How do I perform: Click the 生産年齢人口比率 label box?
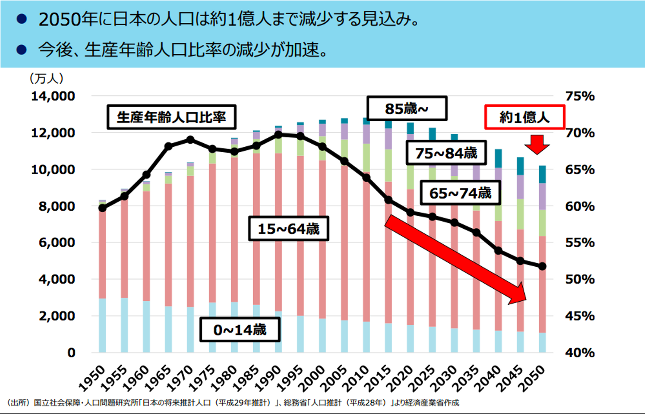[x=171, y=117]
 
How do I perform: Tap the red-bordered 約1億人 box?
[x=525, y=117]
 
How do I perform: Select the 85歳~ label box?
[x=407, y=108]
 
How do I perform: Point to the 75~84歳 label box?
[x=446, y=153]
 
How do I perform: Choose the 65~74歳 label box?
[x=460, y=193]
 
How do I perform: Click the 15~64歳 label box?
[x=288, y=229]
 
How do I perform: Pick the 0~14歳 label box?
[x=240, y=330]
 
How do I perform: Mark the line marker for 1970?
[x=190, y=140]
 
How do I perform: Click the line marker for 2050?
[x=542, y=266]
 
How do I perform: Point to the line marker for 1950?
[x=103, y=208]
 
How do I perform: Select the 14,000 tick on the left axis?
[x=53, y=96]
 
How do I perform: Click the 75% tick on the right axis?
[x=580, y=96]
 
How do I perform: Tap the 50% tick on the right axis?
[x=580, y=279]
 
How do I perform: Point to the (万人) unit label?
[x=47, y=79]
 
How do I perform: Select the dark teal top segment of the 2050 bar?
[x=542, y=174]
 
